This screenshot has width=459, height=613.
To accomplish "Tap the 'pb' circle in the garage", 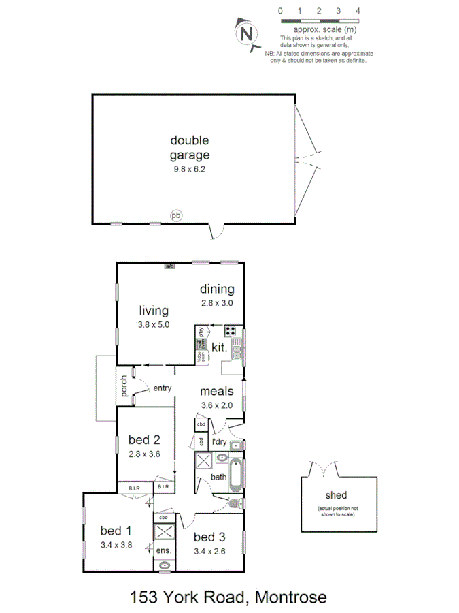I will tap(176, 216).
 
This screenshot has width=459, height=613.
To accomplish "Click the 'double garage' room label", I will tap(190, 147).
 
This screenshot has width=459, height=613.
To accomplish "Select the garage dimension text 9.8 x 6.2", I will tap(190, 168).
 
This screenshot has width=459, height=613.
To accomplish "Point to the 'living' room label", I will tap(154, 311).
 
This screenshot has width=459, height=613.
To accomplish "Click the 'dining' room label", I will tap(217, 289).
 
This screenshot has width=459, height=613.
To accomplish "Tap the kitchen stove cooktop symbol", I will tap(231, 332).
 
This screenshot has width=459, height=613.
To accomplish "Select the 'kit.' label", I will tap(218, 347).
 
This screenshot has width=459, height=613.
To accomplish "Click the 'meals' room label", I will tap(217, 392).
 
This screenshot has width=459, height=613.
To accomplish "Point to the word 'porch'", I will tap(124, 386).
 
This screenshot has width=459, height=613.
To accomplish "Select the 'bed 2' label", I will tap(144, 439).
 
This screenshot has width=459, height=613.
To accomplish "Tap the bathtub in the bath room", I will tap(235, 476).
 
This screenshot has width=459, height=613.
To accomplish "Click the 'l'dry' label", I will tap(219, 443).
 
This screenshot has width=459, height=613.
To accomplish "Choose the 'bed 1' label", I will tap(115, 531).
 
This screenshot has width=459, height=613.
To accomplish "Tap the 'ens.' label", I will tap(165, 550).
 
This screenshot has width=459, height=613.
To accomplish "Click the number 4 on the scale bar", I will tap(358, 12).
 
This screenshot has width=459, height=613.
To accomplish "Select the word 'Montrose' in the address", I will tap(290, 597).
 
